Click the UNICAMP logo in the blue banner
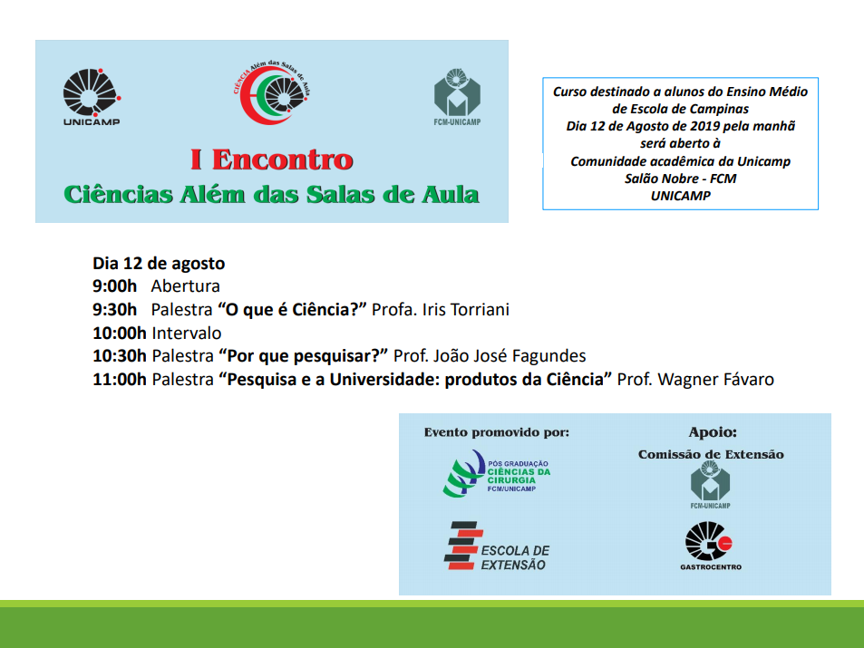click(x=92, y=97)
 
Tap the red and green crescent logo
click(x=271, y=92)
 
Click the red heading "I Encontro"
click(x=271, y=160)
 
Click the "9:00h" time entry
click(x=114, y=286)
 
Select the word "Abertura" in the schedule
click(x=186, y=286)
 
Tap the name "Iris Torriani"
click(x=466, y=310)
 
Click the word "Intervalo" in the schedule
click(x=187, y=333)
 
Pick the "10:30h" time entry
click(x=120, y=356)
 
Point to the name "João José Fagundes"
click(x=510, y=356)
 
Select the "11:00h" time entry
click(x=120, y=380)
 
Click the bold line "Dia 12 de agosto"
click(x=159, y=264)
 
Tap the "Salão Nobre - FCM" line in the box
click(x=681, y=179)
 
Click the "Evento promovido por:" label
click(x=497, y=432)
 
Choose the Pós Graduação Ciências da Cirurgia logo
click(x=497, y=474)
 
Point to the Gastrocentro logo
click(x=710, y=546)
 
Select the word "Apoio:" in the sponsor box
click(x=713, y=432)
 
